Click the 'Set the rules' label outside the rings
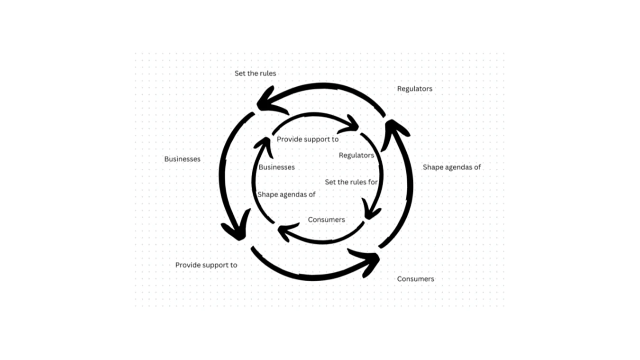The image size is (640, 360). pyautogui.click(x=255, y=74)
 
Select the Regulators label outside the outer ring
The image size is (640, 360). pyautogui.click(x=414, y=89)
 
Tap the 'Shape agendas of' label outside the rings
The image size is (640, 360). pyautogui.click(x=452, y=167)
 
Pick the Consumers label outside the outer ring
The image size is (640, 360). pyautogui.click(x=415, y=279)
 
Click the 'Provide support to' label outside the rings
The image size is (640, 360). pyautogui.click(x=206, y=265)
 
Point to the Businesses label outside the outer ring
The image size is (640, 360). pyautogui.click(x=182, y=159)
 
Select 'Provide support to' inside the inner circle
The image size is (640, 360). pyautogui.click(x=308, y=139)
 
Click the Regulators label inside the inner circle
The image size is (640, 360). pyautogui.click(x=356, y=155)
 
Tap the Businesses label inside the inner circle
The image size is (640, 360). pyautogui.click(x=276, y=167)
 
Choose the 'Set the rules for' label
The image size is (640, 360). pyautogui.click(x=351, y=182)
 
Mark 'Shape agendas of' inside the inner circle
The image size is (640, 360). pyautogui.click(x=286, y=194)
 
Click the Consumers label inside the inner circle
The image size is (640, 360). pyautogui.click(x=326, y=220)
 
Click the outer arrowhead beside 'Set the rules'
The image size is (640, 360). pyautogui.click(x=268, y=101)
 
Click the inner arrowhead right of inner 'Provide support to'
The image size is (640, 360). pyautogui.click(x=350, y=126)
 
